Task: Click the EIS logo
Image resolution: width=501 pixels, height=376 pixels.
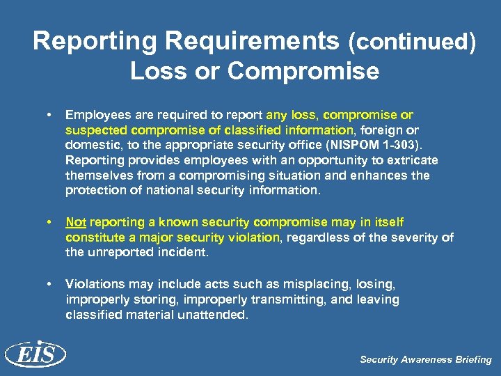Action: click(x=35, y=355)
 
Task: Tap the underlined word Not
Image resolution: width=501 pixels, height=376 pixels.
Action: click(x=75, y=222)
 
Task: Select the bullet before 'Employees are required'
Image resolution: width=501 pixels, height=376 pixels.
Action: click(x=49, y=114)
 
